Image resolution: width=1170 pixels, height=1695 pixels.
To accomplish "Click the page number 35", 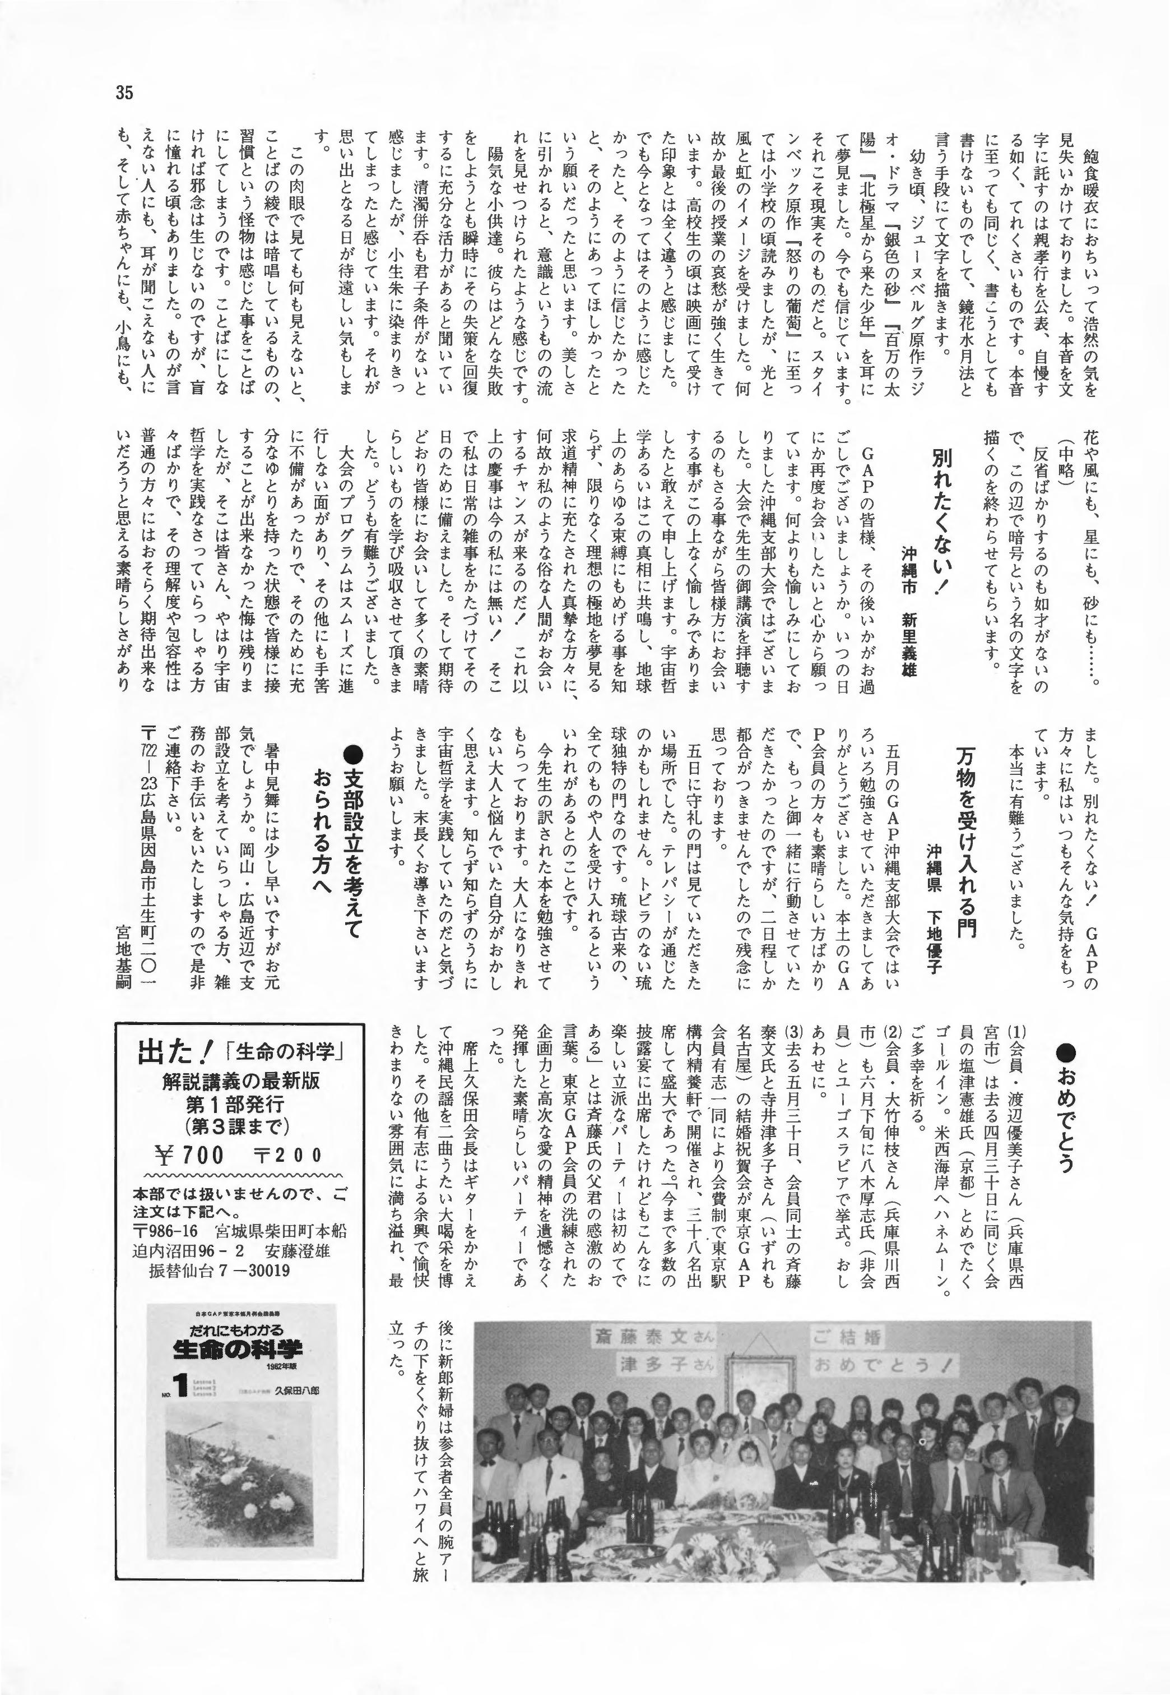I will click(123, 93).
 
